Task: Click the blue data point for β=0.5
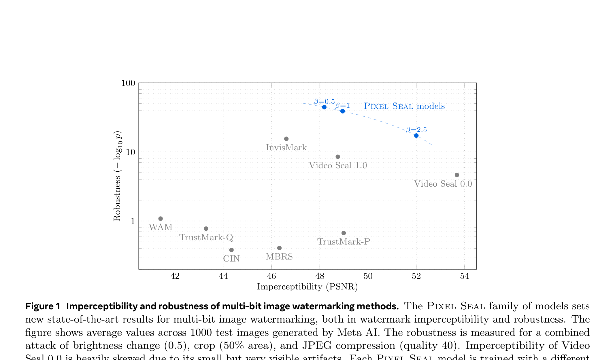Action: click(x=324, y=107)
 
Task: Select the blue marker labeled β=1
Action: click(x=343, y=111)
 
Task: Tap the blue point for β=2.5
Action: click(x=416, y=136)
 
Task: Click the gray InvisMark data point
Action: click(x=286, y=139)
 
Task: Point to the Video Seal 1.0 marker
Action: click(x=338, y=157)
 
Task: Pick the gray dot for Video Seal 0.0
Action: click(x=457, y=175)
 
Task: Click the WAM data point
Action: click(x=161, y=219)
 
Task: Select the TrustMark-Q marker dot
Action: click(x=206, y=229)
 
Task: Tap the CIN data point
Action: click(x=231, y=250)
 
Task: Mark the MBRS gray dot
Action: click(x=279, y=248)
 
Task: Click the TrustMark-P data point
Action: click(x=344, y=233)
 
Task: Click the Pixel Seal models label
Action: click(x=404, y=106)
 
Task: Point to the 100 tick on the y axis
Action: click(x=128, y=83)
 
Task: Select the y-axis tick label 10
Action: click(x=131, y=152)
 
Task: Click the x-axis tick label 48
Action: click(x=320, y=276)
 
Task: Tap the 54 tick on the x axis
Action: click(x=465, y=276)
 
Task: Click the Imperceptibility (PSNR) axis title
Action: click(x=307, y=287)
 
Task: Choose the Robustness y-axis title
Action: click(x=117, y=176)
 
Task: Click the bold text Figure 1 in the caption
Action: click(x=43, y=306)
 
